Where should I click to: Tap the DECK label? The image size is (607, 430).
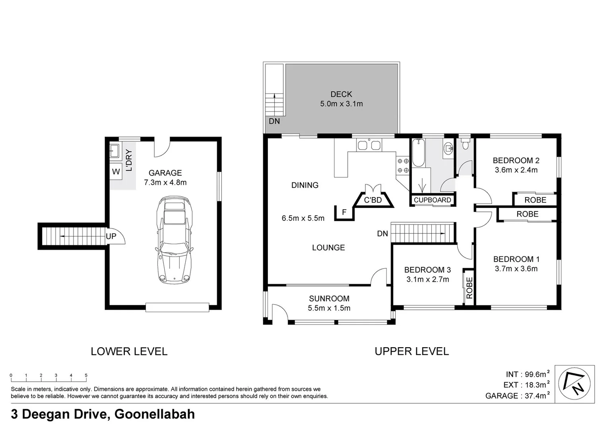(x=341, y=94)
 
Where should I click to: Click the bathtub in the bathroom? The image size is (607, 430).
(x=418, y=153)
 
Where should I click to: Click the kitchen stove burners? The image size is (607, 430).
(x=403, y=166)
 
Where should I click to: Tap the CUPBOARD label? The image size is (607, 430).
(x=432, y=200)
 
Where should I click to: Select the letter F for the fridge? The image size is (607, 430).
(x=344, y=213)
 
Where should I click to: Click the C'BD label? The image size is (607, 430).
(x=372, y=200)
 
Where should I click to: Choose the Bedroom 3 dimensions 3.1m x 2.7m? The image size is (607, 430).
(x=427, y=279)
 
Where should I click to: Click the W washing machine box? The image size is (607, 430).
(x=116, y=172)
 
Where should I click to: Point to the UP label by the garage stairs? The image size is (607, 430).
(x=111, y=236)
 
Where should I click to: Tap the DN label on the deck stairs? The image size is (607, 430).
(x=274, y=121)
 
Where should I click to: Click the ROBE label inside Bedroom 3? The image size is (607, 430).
(x=469, y=288)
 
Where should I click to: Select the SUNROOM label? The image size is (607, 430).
(x=329, y=298)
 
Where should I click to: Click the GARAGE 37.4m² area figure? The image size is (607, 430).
(x=517, y=396)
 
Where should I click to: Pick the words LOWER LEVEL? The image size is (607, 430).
(x=129, y=351)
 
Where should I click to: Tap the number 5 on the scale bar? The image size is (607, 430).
(x=86, y=375)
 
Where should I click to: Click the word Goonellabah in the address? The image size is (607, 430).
(x=155, y=414)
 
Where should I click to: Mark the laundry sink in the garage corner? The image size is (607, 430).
(x=114, y=150)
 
